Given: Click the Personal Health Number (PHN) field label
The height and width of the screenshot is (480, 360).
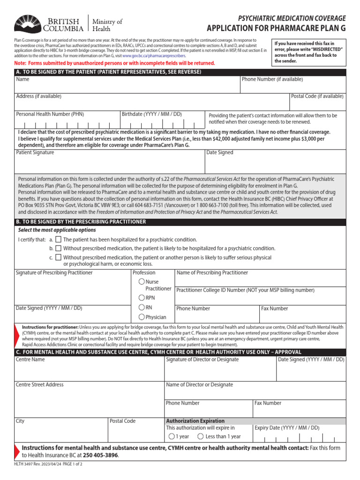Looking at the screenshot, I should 50,114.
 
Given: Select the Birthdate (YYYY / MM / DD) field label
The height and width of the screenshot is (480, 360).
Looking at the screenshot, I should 151,114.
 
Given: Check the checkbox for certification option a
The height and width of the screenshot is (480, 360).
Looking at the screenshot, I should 58,239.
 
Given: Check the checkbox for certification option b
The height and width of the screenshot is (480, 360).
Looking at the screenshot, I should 58,248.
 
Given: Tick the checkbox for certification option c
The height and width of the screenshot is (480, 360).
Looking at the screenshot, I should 58,257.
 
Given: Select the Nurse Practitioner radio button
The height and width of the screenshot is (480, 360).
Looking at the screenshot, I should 141,282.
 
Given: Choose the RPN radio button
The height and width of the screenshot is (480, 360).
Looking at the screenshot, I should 141,298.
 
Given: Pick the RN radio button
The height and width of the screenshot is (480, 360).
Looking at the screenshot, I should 141,307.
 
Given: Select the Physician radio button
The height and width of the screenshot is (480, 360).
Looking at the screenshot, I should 141,317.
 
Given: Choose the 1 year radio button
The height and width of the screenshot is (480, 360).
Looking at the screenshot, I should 172,436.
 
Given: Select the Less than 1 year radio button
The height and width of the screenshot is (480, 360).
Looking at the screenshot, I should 201,436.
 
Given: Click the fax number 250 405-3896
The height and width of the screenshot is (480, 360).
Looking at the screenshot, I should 100,455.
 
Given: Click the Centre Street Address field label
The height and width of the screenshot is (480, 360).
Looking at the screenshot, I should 40,385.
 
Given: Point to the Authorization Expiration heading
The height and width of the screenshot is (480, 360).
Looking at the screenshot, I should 195,421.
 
